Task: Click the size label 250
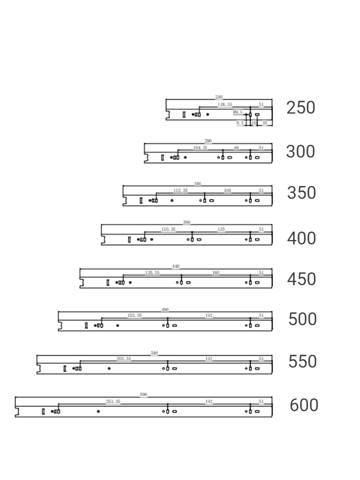(301, 108)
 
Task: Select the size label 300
(300, 152)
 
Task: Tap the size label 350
(301, 193)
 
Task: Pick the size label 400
(301, 238)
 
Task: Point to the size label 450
(301, 279)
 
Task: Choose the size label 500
(302, 319)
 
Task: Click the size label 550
(302, 362)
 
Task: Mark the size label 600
(304, 405)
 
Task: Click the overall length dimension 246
(219, 97)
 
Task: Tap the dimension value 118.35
(225, 104)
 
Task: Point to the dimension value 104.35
(200, 148)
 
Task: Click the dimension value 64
(236, 148)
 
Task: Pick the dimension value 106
(227, 190)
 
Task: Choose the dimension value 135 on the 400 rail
(221, 229)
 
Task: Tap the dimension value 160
(216, 272)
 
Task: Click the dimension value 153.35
(135, 315)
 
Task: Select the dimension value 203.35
(124, 358)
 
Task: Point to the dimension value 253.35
(113, 401)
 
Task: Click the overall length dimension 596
(144, 394)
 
